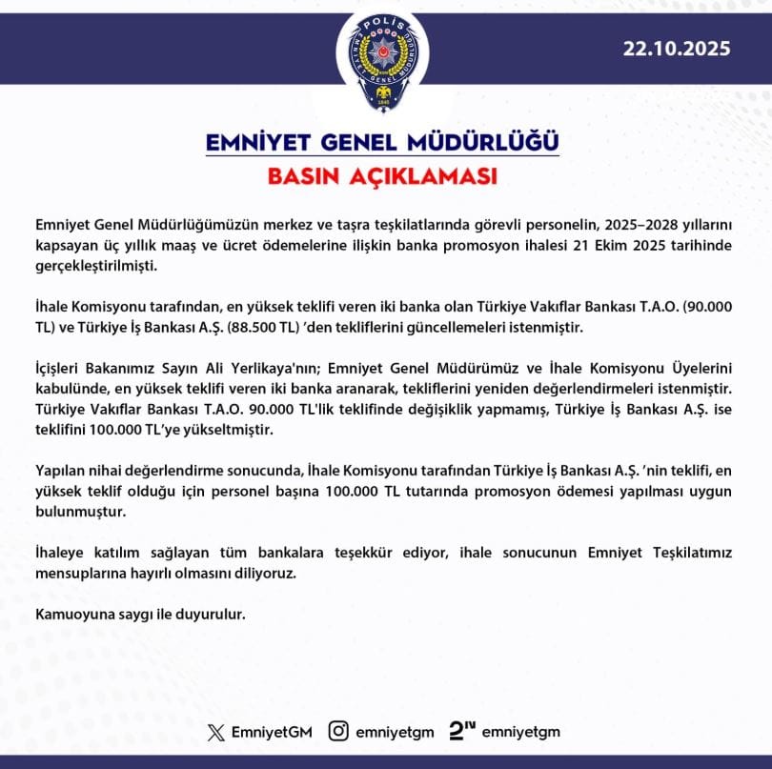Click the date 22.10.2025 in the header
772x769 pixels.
tap(678, 50)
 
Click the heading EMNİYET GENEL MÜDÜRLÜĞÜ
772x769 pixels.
tap(382, 143)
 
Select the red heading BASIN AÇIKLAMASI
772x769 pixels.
tap(382, 177)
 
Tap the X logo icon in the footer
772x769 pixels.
tap(216, 732)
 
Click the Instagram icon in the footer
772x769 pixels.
tap(338, 732)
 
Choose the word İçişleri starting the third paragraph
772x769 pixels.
tap(62, 370)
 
